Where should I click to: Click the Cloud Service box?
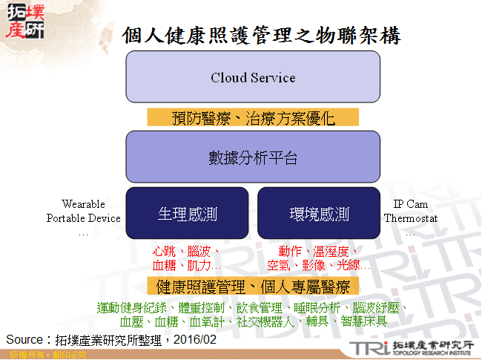coord(253,77)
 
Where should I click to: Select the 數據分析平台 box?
coord(253,157)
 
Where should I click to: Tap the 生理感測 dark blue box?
coord(187,215)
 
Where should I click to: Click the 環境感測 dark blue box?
coord(319,215)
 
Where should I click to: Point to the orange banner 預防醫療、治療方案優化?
coord(253,117)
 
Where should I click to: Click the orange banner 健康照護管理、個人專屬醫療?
coord(253,286)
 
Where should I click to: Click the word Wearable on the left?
coord(83,204)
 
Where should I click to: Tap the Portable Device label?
coord(83,218)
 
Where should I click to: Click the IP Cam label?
coord(410,204)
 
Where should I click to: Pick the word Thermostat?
coord(411,218)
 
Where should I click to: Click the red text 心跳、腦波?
coord(182,252)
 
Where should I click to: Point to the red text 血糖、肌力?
coord(182,265)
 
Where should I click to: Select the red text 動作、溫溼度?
coord(318,252)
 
